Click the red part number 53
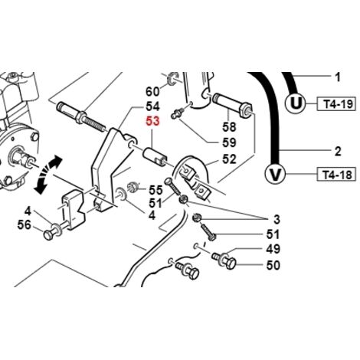[152, 121]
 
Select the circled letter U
[296, 103]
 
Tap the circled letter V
[275, 175]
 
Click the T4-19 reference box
[336, 103]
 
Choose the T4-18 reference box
[336, 175]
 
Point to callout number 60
[152, 91]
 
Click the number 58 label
[229, 127]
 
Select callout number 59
[229, 142]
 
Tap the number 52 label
[229, 159]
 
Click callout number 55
[155, 190]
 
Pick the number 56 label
[25, 225]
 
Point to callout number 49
[273, 249]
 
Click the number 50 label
[273, 265]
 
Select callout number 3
[277, 219]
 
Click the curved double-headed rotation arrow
[47, 175]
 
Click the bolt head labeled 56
[48, 235]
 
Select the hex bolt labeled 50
[224, 260]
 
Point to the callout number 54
[152, 106]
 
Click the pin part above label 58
[232, 103]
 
